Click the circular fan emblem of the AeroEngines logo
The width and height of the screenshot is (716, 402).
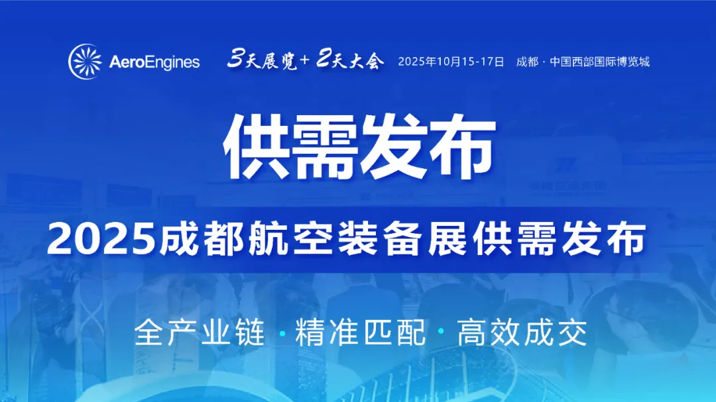(86, 62)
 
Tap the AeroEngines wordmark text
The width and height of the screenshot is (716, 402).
(154, 62)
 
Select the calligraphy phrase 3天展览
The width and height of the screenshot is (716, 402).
(263, 60)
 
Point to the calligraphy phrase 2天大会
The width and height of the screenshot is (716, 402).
(350, 60)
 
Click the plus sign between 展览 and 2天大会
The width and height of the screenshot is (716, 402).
(306, 60)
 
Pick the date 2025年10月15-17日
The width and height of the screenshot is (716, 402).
(451, 62)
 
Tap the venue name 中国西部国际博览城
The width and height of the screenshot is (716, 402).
(599, 62)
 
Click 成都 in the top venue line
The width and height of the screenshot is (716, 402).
(528, 62)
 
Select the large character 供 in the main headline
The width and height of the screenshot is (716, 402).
(257, 146)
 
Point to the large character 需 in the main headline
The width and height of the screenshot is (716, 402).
(325, 146)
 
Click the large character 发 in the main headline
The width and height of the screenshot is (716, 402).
(394, 146)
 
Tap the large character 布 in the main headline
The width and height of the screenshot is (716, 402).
(462, 146)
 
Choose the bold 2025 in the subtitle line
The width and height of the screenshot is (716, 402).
(101, 238)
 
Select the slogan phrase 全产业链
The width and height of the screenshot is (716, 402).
(200, 332)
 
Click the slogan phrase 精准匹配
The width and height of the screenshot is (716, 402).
(361, 332)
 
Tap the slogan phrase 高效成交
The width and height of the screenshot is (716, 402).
(522, 332)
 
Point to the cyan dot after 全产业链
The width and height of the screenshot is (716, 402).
(282, 334)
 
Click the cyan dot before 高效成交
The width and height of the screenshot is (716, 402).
(442, 331)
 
